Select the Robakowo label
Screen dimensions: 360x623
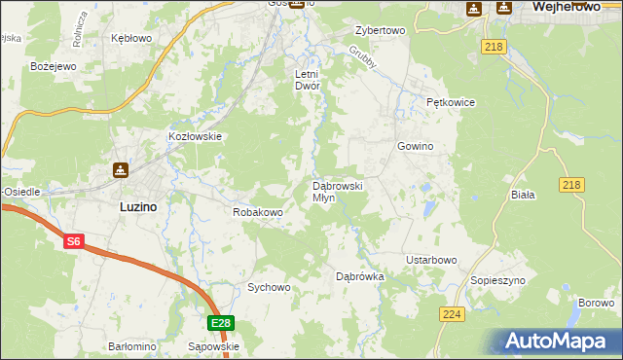tap(258, 211)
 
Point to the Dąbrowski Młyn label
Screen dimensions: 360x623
tap(337, 191)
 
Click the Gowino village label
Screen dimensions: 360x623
tap(415, 146)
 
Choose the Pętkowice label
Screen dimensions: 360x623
tap(449, 101)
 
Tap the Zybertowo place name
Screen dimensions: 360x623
tap(380, 30)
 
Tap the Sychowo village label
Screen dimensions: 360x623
tap(269, 287)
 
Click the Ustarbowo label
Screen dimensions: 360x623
tap(431, 260)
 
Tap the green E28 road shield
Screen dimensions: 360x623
tap(221, 323)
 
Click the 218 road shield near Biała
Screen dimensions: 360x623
tap(571, 185)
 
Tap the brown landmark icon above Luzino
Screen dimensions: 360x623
tap(120, 170)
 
